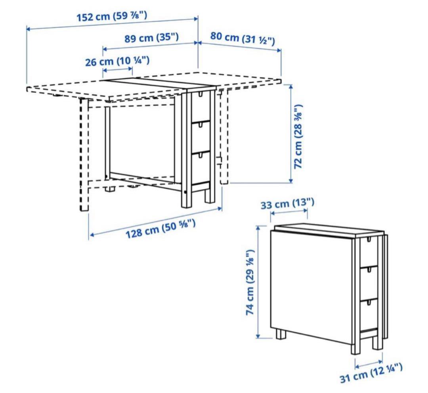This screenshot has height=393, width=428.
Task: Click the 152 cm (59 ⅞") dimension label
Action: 112,16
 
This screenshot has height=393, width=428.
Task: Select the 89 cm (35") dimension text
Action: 152,38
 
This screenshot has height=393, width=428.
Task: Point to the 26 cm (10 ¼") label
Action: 117,61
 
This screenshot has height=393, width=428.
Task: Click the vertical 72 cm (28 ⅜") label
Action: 298,136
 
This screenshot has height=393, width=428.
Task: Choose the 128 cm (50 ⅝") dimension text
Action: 160,229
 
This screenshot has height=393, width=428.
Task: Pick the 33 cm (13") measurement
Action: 287,203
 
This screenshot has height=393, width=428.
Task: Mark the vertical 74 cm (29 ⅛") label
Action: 250,282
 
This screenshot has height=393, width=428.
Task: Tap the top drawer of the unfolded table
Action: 201,106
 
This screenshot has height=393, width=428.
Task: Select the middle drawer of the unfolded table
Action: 201,136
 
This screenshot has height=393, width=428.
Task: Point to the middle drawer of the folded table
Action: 369,283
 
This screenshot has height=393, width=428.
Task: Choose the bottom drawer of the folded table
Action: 369,314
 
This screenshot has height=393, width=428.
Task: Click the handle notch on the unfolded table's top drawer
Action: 201,94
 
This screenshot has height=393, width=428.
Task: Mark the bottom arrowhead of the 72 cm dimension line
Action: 291,180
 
